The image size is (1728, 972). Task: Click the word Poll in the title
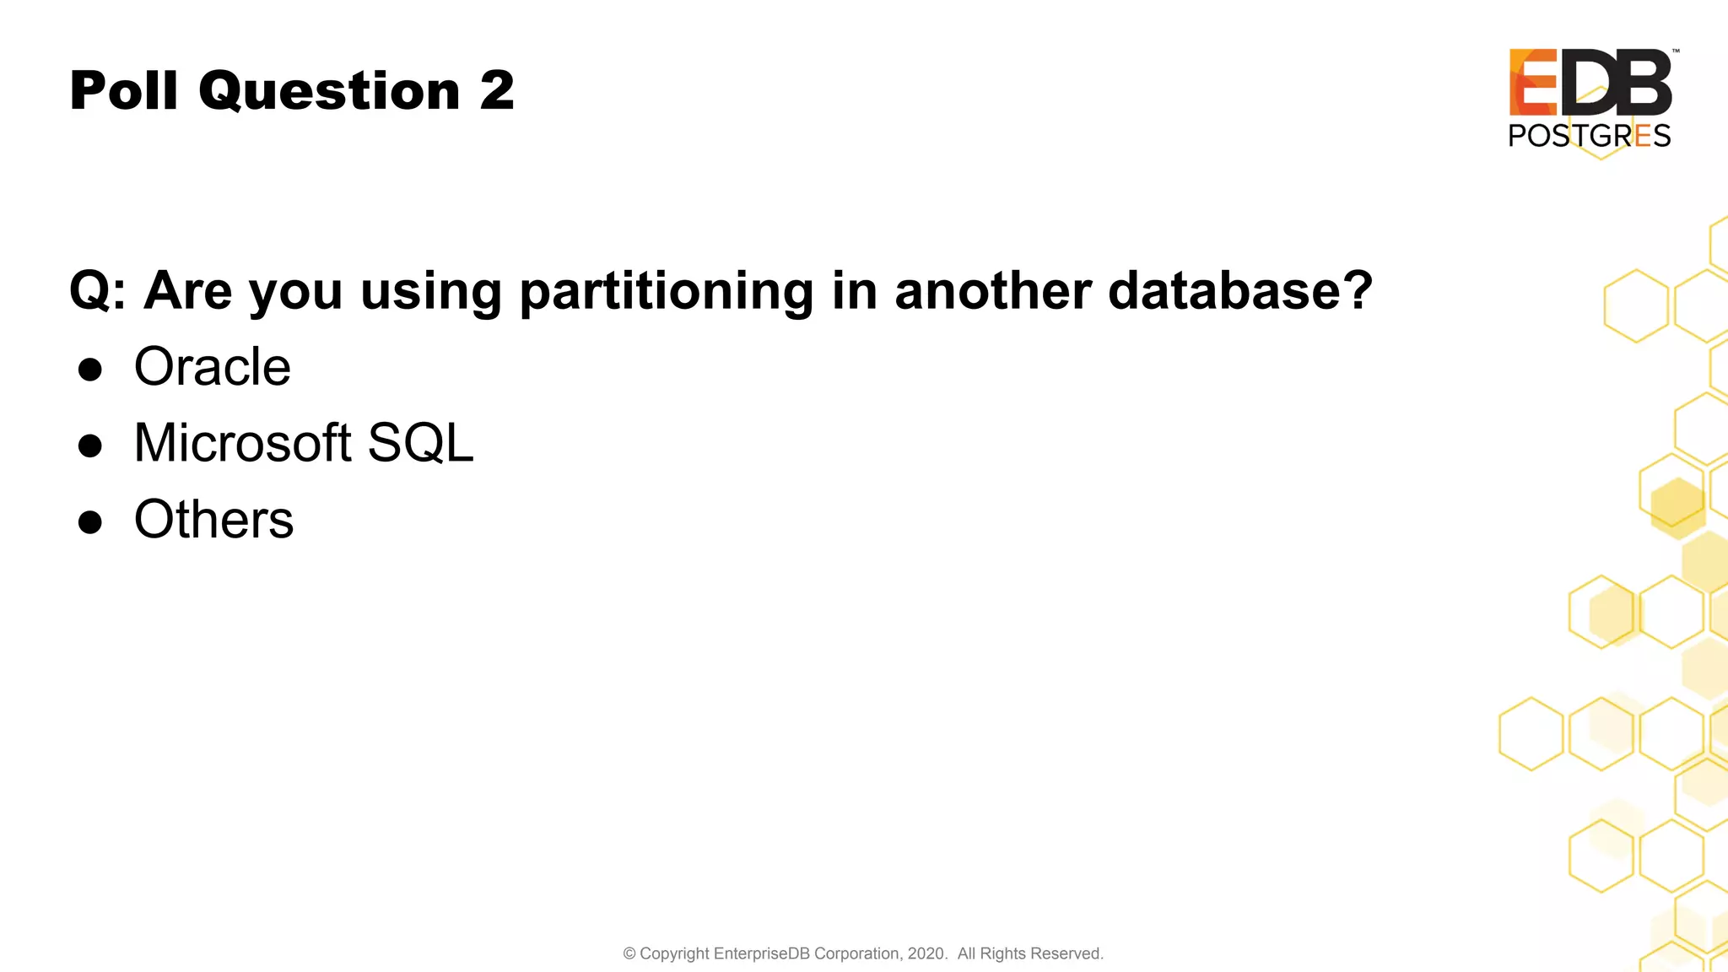[x=123, y=90]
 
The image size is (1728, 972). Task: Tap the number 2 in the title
[x=497, y=90]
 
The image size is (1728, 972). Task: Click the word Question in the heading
[x=330, y=91]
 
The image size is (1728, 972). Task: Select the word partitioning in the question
[x=666, y=292]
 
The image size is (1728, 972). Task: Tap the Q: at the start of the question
[x=97, y=292]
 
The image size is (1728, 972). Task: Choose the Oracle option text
[x=213, y=367]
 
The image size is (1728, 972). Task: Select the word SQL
[x=421, y=444]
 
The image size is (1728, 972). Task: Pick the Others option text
[x=214, y=519]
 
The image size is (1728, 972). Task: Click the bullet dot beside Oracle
[x=90, y=370]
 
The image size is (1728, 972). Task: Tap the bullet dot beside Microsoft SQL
[x=90, y=445]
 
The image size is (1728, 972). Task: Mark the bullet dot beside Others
[x=90, y=521]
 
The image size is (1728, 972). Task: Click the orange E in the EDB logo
[x=1533, y=82]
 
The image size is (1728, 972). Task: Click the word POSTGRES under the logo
[x=1590, y=136]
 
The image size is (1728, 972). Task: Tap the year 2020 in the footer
[x=926, y=953]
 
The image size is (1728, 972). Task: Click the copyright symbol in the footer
[x=629, y=953]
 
